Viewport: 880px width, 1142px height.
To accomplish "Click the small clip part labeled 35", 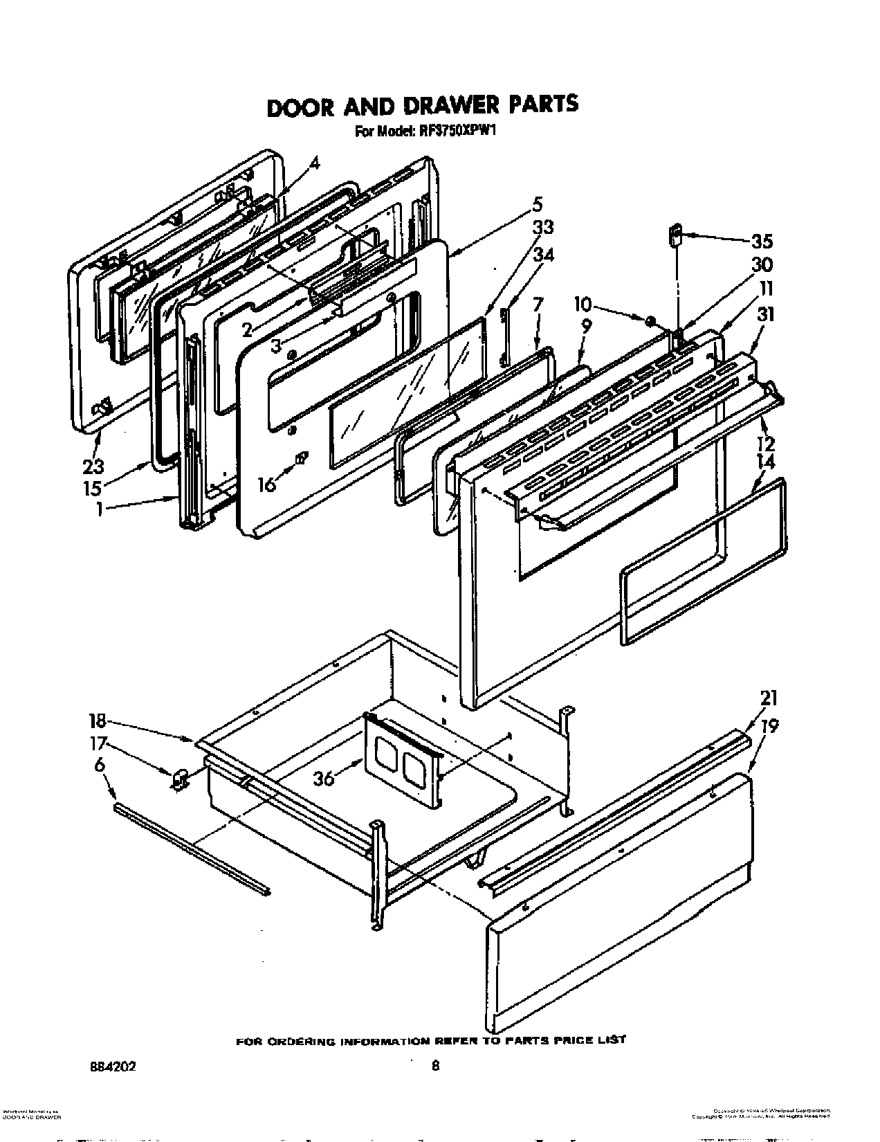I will tap(675, 235).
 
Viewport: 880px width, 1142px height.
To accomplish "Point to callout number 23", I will tap(94, 446).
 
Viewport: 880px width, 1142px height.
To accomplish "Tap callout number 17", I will tap(98, 745).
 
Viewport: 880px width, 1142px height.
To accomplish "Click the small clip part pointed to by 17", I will tap(180, 780).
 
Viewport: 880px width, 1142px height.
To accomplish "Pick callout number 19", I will tap(769, 726).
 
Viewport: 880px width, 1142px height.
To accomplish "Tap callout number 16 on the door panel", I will tap(266, 484).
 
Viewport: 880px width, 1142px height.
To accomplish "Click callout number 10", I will tap(583, 304).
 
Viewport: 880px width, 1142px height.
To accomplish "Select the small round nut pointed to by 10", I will tap(650, 320).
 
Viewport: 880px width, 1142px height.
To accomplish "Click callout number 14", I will tap(766, 462).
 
